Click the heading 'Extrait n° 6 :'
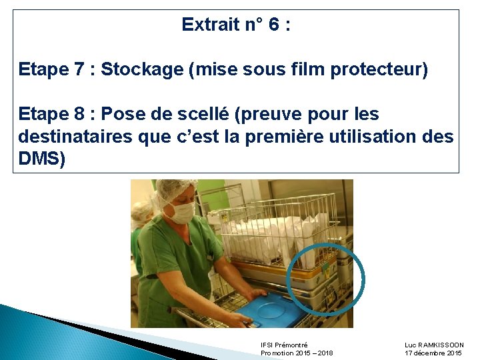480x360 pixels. click(236, 25)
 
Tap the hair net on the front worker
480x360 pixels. click(175, 189)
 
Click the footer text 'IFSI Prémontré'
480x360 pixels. click(284, 345)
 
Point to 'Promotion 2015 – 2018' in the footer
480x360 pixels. click(297, 353)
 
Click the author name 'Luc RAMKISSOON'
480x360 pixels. click(434, 345)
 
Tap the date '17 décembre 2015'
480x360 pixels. click(433, 353)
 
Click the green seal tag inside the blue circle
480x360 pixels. click(325, 268)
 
